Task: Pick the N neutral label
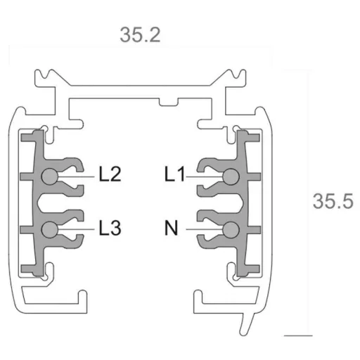coord(170,229)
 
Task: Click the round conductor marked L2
coord(49,176)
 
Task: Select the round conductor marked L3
coord(49,229)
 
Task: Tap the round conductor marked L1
coord(229,176)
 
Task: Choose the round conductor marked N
coord(229,229)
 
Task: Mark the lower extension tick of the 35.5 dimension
coord(297,333)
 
